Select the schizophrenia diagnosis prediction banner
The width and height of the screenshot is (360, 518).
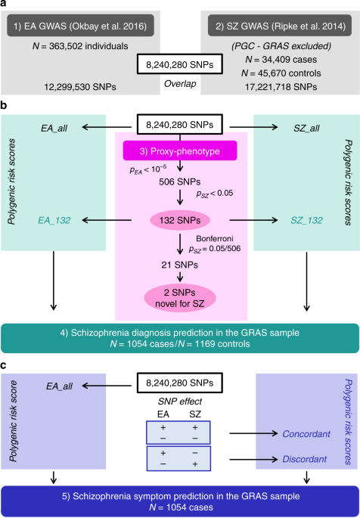point(179,337)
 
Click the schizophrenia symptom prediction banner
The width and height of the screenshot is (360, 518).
point(179,501)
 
